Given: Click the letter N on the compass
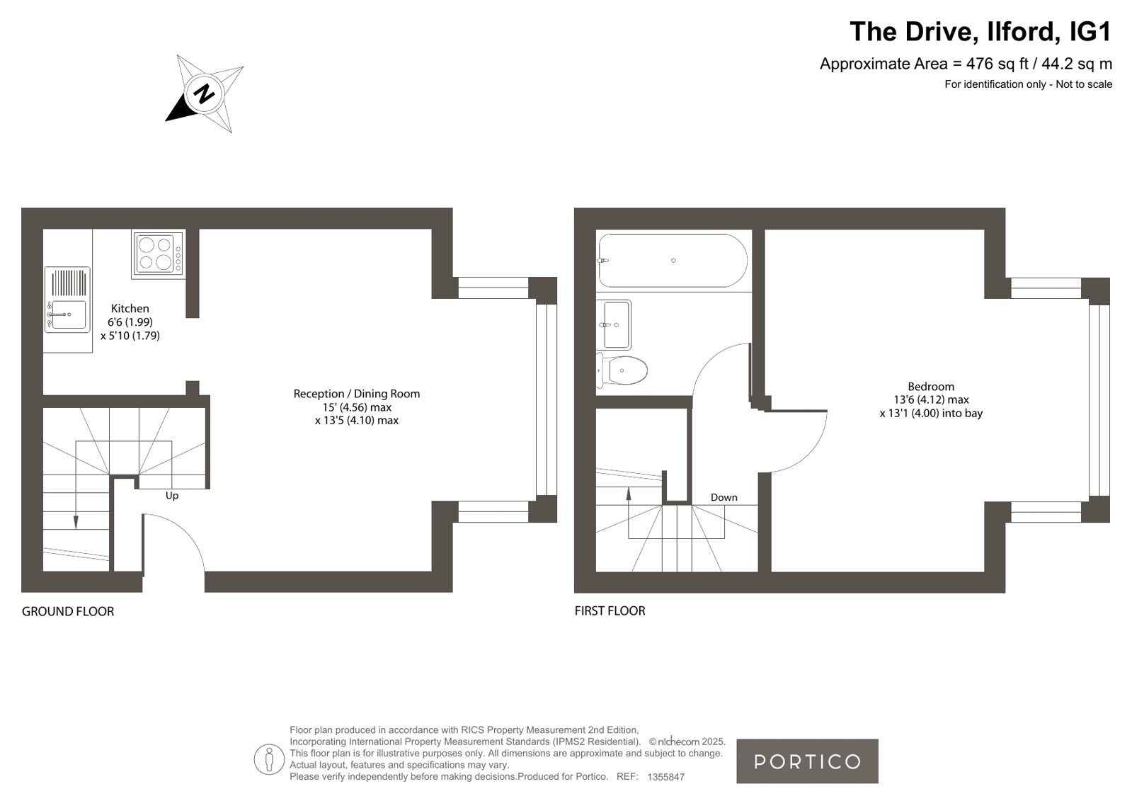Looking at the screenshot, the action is (x=204, y=94).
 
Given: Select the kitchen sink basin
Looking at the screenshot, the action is (x=69, y=314).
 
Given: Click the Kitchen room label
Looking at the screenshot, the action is (x=130, y=309).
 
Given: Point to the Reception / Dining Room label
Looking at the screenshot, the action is (x=357, y=394).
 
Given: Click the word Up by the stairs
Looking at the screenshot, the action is (x=172, y=496).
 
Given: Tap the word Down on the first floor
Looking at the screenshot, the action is (x=724, y=498).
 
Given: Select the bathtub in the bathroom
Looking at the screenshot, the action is (x=673, y=261).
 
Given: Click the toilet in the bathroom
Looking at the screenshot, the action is (x=622, y=370).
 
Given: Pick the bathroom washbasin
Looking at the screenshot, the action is (x=614, y=324).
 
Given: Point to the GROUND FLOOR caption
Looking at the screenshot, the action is (x=68, y=611).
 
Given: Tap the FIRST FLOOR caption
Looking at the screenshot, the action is (x=610, y=611).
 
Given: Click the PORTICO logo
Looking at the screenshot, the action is (x=807, y=761).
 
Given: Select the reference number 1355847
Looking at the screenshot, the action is (x=666, y=777).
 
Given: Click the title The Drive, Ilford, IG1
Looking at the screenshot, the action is (x=981, y=31).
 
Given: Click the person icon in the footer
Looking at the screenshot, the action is (x=269, y=759).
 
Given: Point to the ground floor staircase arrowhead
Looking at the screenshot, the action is (x=76, y=523).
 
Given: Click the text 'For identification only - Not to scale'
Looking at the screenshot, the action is (x=1029, y=84).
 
